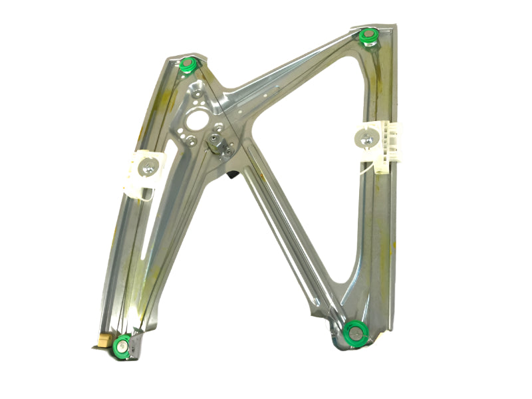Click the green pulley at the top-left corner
188,65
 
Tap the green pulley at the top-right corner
366,36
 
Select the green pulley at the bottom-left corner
122,344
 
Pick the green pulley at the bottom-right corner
354,331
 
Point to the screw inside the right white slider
366,140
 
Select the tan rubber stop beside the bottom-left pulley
102,340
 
